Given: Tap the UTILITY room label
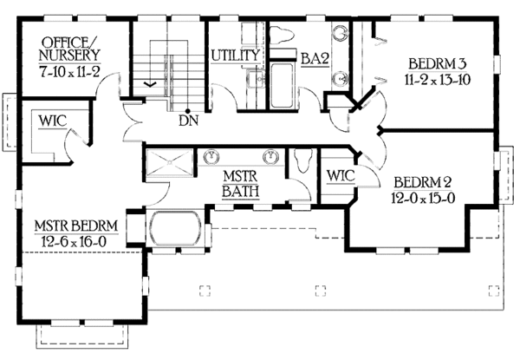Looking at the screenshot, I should pos(236,56).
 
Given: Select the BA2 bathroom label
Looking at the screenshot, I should pos(314,59).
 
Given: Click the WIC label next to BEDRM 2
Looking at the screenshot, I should pos(340,176).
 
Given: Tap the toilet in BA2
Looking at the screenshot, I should pos(283,36).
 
